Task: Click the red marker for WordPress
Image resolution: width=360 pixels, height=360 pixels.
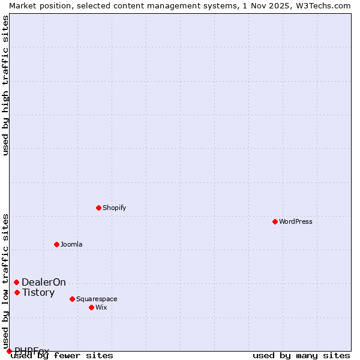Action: coord(275,221)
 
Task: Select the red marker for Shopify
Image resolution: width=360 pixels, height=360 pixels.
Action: coord(98,208)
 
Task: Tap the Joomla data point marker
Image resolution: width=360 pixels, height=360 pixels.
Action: coord(56,244)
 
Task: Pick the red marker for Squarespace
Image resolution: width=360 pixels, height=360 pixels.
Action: coord(72,299)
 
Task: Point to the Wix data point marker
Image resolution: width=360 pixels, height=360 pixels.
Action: coord(91,307)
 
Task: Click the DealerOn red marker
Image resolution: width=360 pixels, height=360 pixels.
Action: coord(17,282)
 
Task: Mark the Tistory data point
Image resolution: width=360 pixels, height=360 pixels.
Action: coord(17,292)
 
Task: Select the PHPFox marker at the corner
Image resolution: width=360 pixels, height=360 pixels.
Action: coord(9,351)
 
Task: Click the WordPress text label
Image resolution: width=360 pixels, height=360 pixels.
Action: coord(295,221)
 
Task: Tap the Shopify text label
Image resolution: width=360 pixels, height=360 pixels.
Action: coord(114,208)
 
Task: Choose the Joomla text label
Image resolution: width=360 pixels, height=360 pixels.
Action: coord(71,244)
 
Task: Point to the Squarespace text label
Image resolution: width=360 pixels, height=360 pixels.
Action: coord(97,299)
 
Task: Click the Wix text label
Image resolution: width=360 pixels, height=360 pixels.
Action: coord(101,307)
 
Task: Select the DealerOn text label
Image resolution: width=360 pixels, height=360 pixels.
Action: coord(44,282)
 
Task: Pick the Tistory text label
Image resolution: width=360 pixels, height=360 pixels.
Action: coord(38,292)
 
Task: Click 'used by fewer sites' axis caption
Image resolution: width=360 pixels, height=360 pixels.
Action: coord(62,355)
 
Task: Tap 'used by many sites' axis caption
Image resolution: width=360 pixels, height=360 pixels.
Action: coord(301,355)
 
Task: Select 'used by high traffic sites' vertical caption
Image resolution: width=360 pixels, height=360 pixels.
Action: coord(5,85)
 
